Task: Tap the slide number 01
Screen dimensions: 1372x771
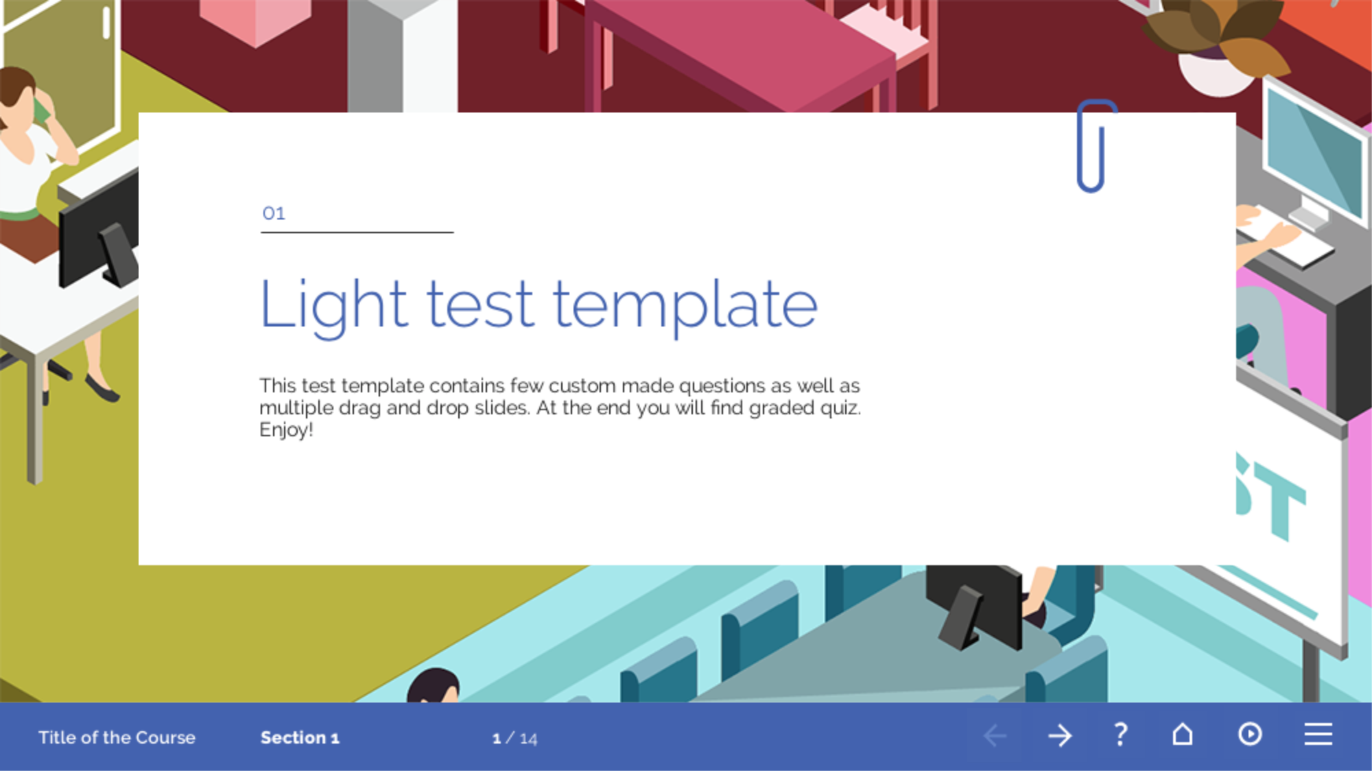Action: pos(274,213)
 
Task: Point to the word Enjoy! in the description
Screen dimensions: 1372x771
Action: pos(286,430)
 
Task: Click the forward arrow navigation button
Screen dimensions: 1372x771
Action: pos(1060,736)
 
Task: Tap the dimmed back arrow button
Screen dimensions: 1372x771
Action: pos(995,736)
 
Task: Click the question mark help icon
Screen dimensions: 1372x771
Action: pos(1120,735)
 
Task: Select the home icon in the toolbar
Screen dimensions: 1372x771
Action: pos(1182,734)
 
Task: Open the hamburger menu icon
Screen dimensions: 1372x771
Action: pos(1318,734)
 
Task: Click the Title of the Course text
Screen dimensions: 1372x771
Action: pos(117,737)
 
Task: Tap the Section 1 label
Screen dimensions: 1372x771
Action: pos(300,737)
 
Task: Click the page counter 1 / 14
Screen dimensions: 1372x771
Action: pos(514,739)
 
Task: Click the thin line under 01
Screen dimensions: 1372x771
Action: pos(357,233)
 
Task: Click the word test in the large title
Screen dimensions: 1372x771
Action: pos(480,304)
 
